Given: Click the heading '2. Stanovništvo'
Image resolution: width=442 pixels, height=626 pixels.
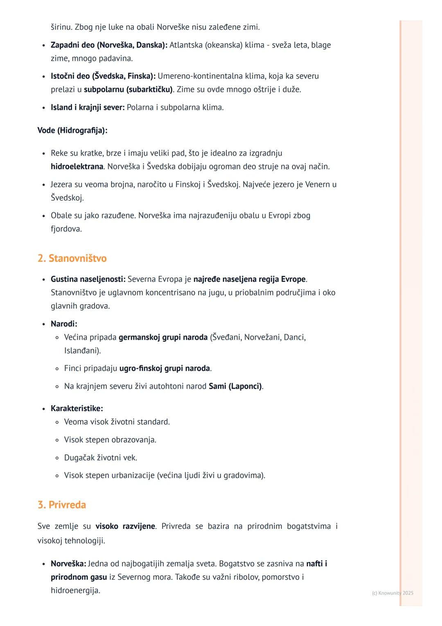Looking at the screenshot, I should [x=72, y=259].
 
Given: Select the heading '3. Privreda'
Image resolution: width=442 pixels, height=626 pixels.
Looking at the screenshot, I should [x=62, y=505].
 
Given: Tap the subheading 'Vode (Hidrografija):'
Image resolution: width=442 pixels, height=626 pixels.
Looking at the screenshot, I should [x=72, y=130].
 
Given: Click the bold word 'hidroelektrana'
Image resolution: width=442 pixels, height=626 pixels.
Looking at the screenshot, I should [x=77, y=166].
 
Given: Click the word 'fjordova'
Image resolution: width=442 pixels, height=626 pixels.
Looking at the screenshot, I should [x=65, y=229].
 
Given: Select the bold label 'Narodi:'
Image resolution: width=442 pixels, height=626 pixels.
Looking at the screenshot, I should [x=64, y=324].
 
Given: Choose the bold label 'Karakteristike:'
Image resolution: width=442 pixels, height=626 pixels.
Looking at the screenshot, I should [x=77, y=408].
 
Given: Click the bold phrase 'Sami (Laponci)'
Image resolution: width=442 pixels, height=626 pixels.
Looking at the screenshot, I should [x=235, y=386].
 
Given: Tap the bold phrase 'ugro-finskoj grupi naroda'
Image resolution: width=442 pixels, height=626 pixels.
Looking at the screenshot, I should [x=165, y=368].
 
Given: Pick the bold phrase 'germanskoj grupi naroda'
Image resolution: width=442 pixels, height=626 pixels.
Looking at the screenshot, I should [x=163, y=337].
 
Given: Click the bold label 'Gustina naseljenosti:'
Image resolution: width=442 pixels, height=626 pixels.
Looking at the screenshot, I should [x=88, y=279].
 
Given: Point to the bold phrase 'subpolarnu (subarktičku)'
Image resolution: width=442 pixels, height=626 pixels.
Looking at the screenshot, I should [x=129, y=89].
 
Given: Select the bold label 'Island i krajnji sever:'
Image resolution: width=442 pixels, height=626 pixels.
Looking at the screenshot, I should [x=88, y=107].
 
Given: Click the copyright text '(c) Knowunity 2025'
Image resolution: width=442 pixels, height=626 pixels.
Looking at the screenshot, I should [x=392, y=593].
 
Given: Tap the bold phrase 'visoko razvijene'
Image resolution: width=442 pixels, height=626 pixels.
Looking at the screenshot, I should [x=125, y=526].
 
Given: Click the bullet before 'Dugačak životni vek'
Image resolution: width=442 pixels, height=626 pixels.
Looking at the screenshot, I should [x=57, y=458].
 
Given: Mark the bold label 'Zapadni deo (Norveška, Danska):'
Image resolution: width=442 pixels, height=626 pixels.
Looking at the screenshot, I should [x=109, y=45].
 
